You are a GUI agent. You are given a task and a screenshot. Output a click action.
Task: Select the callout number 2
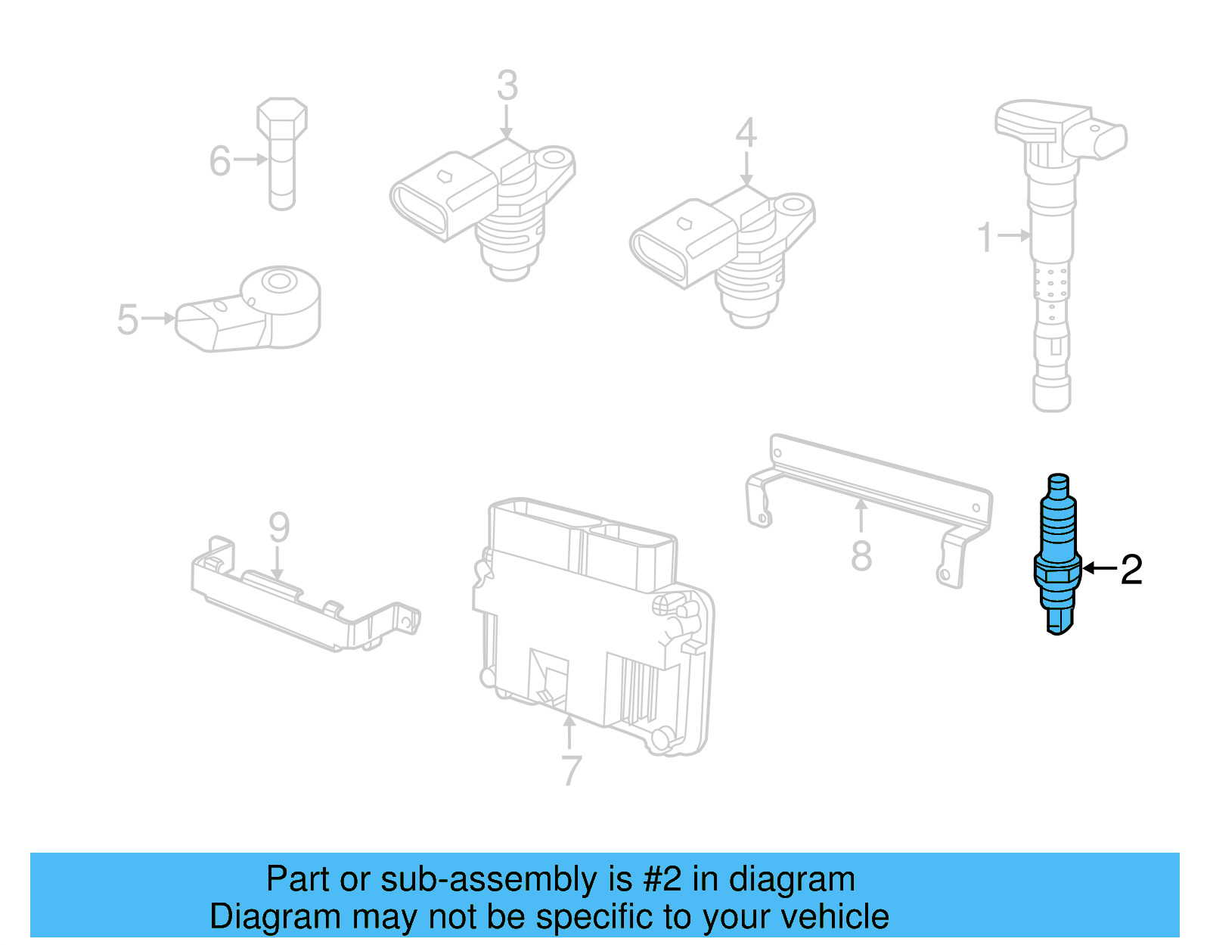click(x=1131, y=569)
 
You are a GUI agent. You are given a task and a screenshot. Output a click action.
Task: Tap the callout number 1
click(x=984, y=237)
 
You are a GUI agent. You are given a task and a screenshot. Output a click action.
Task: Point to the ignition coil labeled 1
click(x=1052, y=250)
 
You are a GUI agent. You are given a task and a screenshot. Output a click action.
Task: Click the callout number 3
click(x=507, y=85)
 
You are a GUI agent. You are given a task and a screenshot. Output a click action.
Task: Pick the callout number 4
click(x=746, y=133)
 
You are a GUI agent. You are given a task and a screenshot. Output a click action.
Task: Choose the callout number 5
click(x=127, y=319)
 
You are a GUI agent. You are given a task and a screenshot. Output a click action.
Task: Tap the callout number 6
click(x=219, y=161)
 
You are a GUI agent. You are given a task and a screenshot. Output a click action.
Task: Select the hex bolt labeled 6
click(x=282, y=151)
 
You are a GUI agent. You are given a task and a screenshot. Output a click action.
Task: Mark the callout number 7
click(x=572, y=770)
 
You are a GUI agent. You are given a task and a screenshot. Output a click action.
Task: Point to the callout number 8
click(x=861, y=556)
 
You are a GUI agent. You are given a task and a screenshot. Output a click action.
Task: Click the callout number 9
click(x=279, y=527)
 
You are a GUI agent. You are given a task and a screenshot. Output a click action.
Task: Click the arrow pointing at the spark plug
click(x=1099, y=567)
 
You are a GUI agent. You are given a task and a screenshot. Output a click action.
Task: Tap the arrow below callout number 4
click(x=746, y=169)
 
